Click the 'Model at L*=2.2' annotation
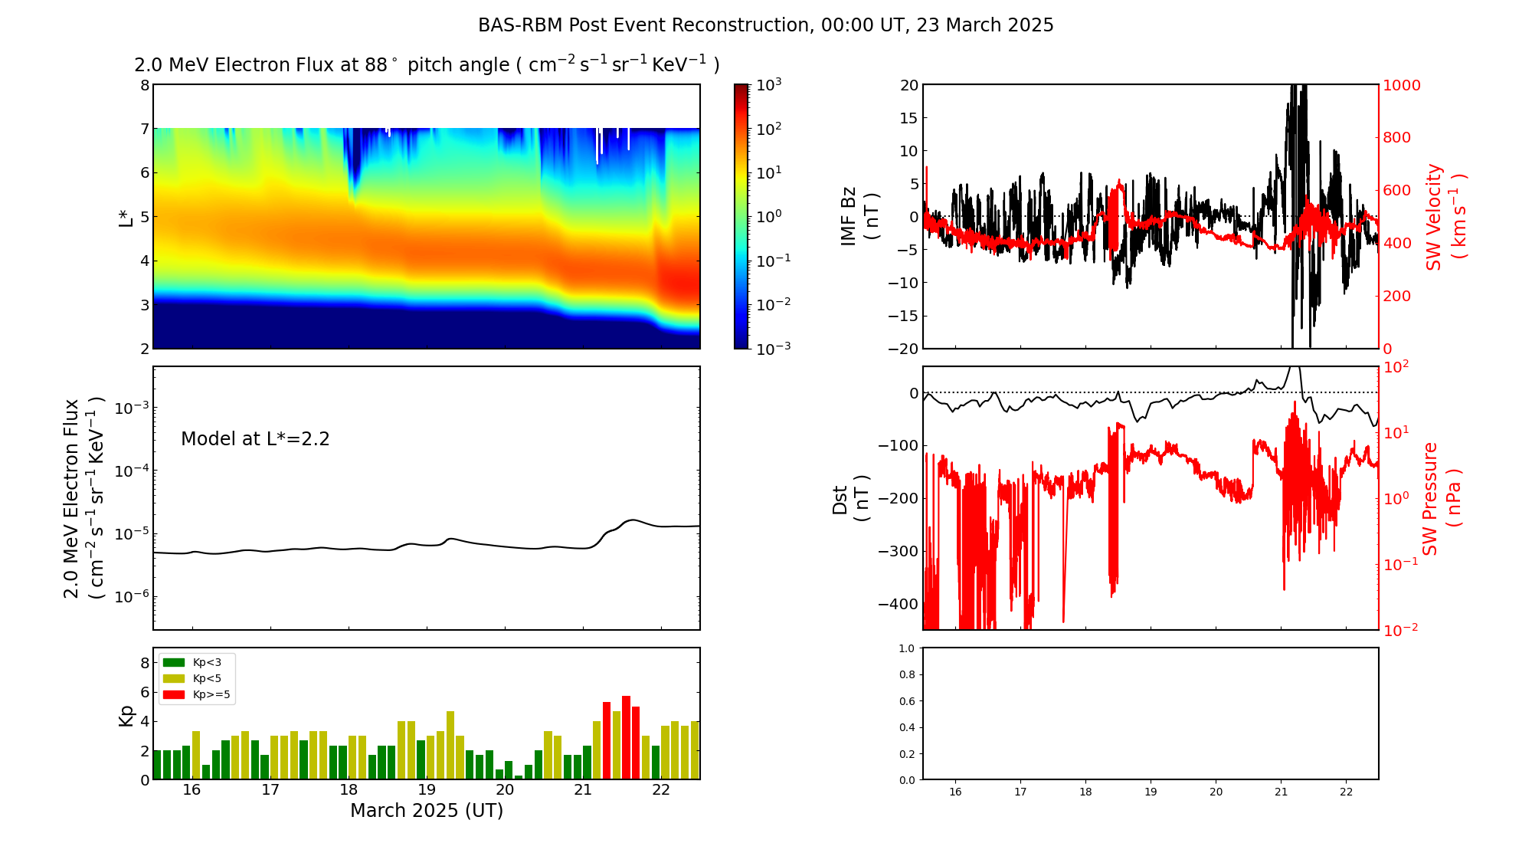coord(255,439)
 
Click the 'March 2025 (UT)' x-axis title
coord(427,811)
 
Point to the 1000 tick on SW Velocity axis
coord(1402,85)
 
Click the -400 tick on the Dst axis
coord(899,604)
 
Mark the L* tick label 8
coord(144,85)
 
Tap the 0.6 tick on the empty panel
coord(906,701)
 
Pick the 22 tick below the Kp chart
coord(661,790)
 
